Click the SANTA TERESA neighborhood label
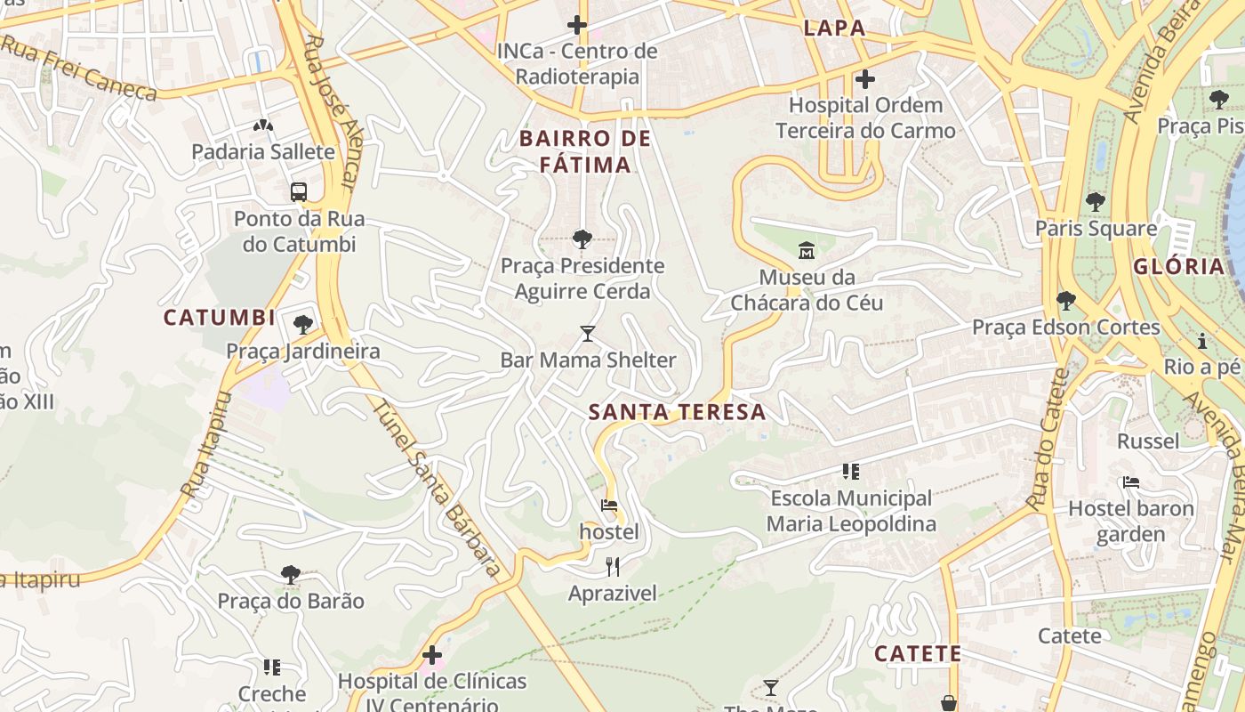[x=677, y=412]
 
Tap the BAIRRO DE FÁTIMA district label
[x=585, y=151]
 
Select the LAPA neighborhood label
[x=834, y=28]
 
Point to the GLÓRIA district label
[x=1179, y=266]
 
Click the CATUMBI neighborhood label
[x=219, y=318]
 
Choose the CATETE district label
[x=918, y=654]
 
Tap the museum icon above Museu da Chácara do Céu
[x=807, y=249]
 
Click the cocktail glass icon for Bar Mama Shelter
[x=587, y=334]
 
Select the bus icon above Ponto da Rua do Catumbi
[x=299, y=191]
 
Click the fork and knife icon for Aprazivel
[x=612, y=567]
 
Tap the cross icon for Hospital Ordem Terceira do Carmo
[x=864, y=80]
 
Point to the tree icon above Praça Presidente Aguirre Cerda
[x=582, y=239]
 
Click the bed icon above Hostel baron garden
[x=1130, y=482]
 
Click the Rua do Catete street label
[x=1048, y=440]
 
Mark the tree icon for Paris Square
[x=1095, y=202]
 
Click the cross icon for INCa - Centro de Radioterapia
[x=577, y=25]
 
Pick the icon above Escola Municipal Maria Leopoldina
[x=850, y=471]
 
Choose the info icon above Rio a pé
[x=1202, y=341]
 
